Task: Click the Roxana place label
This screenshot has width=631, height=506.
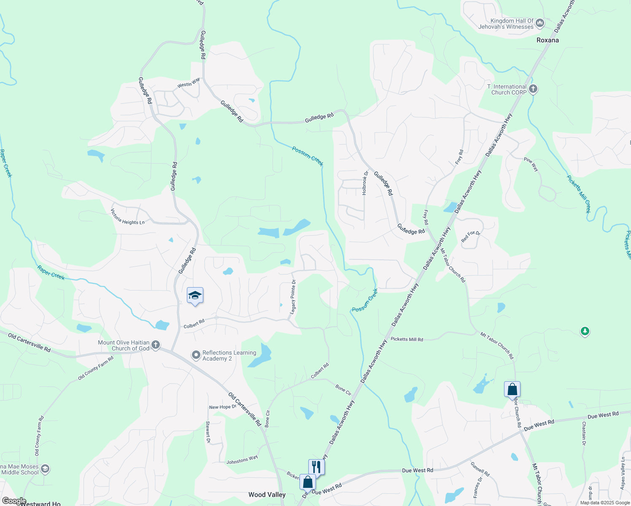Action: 547,40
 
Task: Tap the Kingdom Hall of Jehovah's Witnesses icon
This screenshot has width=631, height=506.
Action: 540,23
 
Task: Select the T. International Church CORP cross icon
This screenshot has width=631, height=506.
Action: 533,89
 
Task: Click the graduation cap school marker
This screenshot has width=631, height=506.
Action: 195,295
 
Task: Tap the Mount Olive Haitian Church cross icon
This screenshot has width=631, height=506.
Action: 156,345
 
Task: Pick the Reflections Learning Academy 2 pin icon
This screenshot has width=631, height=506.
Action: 196,355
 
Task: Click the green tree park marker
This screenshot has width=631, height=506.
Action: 585,331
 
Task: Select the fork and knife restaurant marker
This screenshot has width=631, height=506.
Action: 316,467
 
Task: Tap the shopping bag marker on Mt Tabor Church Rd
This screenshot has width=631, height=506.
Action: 512,389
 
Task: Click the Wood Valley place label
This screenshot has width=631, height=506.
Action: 267,495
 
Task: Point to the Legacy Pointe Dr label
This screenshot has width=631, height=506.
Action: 293,297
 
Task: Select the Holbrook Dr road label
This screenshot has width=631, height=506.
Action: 365,183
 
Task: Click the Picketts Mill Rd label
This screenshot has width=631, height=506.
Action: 407,339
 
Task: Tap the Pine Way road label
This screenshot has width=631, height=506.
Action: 531,164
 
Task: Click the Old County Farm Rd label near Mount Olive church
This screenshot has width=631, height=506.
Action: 96,368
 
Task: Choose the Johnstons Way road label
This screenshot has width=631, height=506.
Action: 242,460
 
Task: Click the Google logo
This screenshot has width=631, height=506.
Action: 13,501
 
